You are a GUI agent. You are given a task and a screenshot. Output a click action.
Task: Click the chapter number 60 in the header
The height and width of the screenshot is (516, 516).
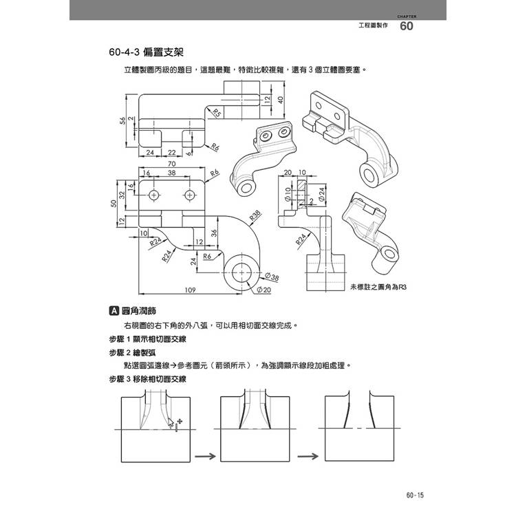(x=406, y=27)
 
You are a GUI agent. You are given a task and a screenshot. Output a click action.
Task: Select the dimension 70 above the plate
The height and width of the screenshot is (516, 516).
(x=171, y=164)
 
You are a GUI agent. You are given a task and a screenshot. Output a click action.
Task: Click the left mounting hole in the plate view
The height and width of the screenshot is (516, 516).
(x=153, y=196)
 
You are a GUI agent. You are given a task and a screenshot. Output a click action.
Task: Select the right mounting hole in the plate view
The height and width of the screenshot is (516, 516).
(x=189, y=196)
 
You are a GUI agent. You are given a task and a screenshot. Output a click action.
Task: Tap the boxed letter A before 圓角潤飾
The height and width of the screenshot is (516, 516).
(x=114, y=310)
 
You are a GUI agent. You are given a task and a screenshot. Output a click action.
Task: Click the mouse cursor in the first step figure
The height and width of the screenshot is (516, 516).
(x=171, y=422)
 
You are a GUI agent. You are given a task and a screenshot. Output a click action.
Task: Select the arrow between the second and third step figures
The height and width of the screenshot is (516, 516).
(x=310, y=455)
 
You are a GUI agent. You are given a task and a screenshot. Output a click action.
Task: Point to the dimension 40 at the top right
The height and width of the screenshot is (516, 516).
(x=281, y=98)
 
